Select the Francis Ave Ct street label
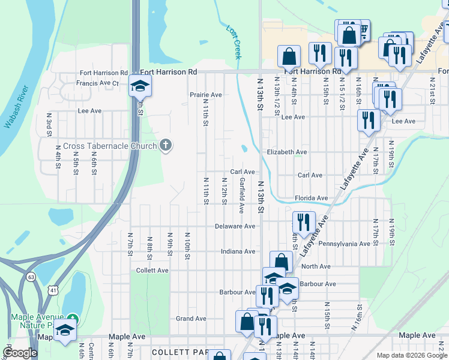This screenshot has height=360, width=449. point(99,83)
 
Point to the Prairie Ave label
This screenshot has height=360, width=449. point(206,95)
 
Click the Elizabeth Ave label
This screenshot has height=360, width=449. point(287,152)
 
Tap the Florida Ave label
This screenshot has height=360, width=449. point(311,198)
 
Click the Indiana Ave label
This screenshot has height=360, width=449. point(238,251)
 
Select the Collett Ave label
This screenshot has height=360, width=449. point(152,270)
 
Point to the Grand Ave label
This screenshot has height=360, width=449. point(191,319)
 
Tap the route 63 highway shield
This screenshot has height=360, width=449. point(31,277)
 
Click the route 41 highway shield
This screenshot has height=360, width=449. point(53,290)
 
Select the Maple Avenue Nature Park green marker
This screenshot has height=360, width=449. point(73,317)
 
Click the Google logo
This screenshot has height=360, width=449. point(20,353)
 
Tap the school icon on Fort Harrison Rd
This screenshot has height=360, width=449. point(140,88)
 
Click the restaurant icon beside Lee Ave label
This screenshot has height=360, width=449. point(367,121)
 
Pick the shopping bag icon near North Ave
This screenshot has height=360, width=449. point(281,261)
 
